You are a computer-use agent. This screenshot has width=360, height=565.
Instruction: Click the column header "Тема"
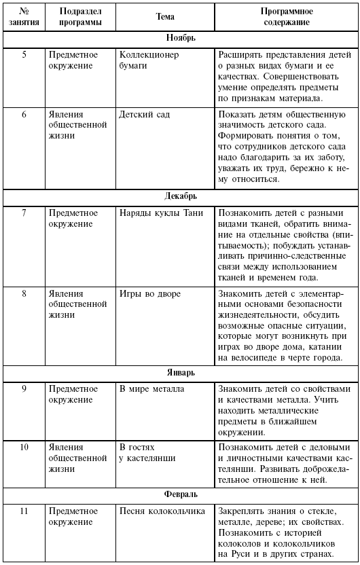[x=165, y=16]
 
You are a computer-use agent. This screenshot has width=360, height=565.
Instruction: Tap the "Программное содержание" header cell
[x=285, y=16]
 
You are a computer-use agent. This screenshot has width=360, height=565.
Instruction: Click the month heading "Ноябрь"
[x=180, y=38]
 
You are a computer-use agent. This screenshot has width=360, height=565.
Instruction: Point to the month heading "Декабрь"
[x=180, y=196]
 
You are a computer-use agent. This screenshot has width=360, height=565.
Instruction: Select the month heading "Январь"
[x=180, y=373]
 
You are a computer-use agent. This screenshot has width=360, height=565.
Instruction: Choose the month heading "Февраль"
[x=180, y=494]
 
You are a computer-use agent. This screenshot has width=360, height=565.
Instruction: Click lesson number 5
[x=24, y=54]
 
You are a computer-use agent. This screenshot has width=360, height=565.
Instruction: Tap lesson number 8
[x=24, y=294]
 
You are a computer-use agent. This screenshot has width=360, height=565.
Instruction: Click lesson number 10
[x=24, y=448]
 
